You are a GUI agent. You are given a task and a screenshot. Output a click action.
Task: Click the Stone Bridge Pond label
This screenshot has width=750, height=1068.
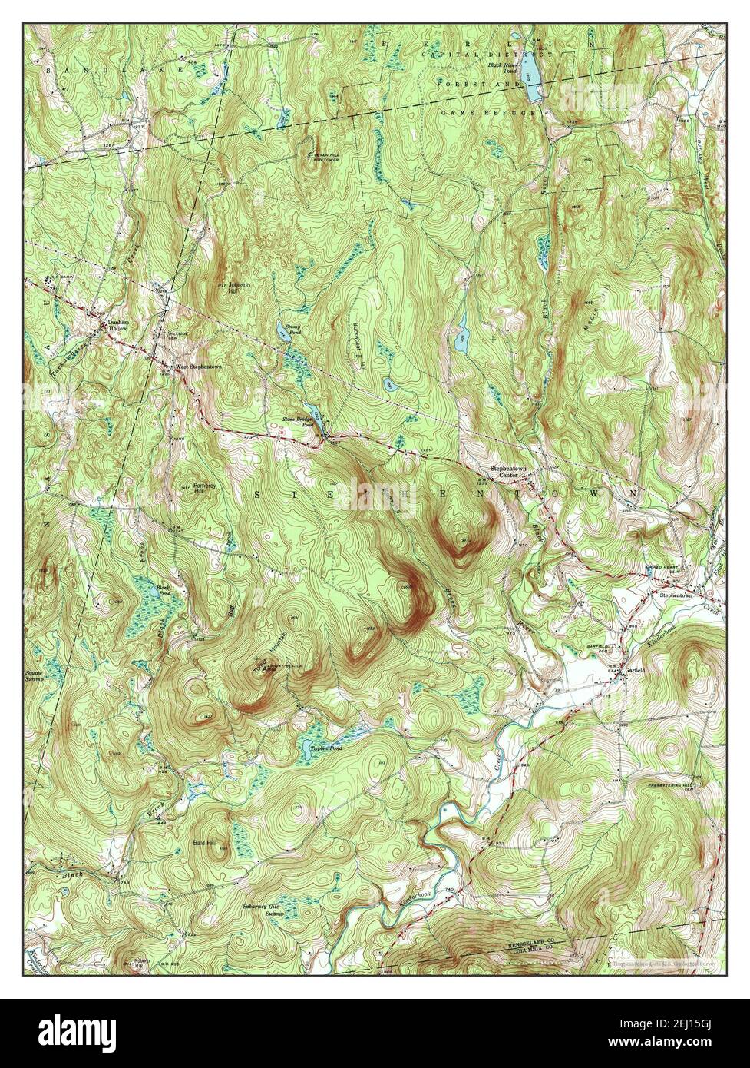[297, 422]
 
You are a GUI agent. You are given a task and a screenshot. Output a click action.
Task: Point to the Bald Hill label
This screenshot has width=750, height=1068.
[203, 843]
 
